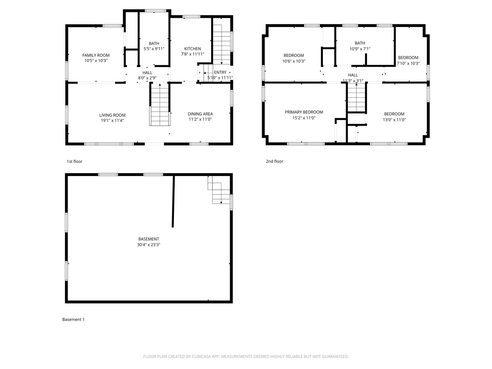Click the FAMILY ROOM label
click(96, 55)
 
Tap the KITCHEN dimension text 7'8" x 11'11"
click(192, 54)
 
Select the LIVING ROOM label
click(112, 115)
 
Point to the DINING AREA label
click(200, 114)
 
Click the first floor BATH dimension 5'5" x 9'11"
click(154, 49)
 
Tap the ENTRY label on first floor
click(220, 72)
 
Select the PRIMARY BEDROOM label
click(304, 112)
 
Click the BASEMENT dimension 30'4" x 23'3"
click(149, 245)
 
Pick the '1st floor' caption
click(74, 161)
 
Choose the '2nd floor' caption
click(274, 161)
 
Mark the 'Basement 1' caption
click(73, 319)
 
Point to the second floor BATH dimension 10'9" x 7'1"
click(360, 49)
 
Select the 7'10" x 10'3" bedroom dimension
click(408, 63)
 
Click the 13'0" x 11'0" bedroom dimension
click(394, 120)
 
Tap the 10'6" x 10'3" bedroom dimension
click(293, 61)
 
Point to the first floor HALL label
click(147, 72)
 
